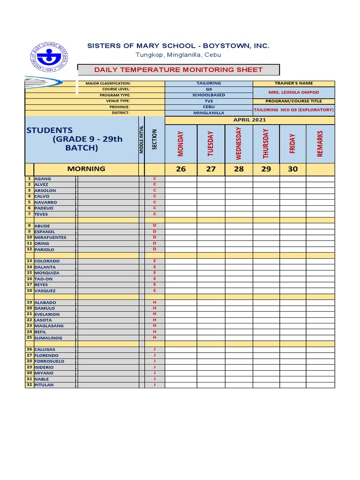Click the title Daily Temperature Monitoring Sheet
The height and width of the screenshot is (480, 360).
pos(179,70)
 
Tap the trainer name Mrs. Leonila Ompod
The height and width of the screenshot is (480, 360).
pos(293,92)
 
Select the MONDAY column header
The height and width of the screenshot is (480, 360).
pos(180,143)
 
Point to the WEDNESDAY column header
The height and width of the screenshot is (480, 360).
pos(239,143)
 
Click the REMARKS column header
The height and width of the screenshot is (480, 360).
pos(320,143)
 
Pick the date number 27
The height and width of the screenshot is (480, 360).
pos(211,169)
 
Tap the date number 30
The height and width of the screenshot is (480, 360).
pos(293,169)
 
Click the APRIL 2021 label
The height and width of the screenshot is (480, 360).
pos(249,120)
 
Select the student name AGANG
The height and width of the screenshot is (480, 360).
pos(43,179)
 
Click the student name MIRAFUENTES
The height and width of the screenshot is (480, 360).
pos(51,238)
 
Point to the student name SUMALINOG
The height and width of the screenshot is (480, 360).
pos(48,338)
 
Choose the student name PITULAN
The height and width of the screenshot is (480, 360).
pos(45,385)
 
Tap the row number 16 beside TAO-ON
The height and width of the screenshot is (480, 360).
pos(29,279)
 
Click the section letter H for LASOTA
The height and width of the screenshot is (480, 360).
pos(154,320)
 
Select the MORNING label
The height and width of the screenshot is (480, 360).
pos(86,169)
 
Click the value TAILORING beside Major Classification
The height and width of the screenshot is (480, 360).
pos(209,83)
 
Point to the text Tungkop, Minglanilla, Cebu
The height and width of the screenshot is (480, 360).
pos(179,55)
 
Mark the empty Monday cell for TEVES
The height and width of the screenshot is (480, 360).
pos(180,214)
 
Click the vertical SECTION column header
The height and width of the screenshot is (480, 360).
pos(154,139)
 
